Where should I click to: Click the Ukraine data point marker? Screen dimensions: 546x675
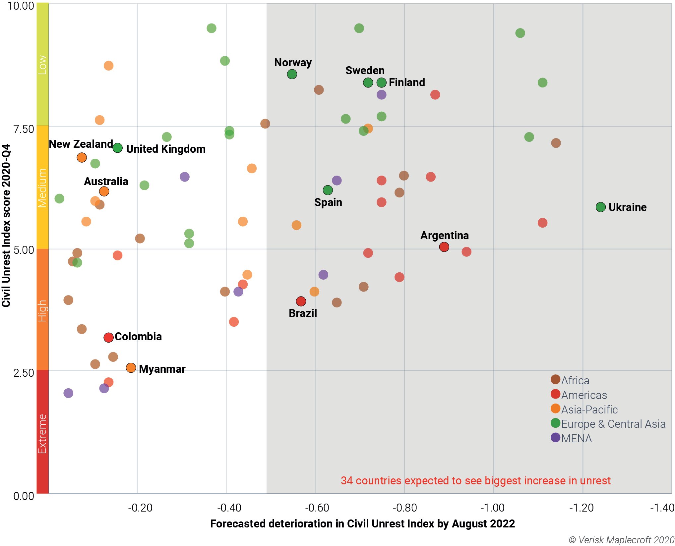[600, 207]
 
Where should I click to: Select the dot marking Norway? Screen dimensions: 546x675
[292, 74]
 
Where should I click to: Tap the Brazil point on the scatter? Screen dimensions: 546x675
[301, 301]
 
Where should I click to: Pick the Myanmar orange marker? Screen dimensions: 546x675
[131, 368]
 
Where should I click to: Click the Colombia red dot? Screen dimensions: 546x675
[108, 338]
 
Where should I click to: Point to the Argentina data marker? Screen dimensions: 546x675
[444, 247]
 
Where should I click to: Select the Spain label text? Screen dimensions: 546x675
[328, 202]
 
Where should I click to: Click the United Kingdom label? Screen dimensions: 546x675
[166, 149]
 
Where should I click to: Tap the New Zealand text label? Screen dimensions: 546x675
[81, 144]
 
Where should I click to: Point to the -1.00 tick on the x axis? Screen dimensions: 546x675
[493, 508]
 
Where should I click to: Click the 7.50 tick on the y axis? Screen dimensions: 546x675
[24, 129]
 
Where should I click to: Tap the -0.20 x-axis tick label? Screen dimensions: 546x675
[140, 508]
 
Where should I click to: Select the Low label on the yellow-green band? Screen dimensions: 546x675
[42, 65]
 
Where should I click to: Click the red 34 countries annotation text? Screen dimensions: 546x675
[475, 480]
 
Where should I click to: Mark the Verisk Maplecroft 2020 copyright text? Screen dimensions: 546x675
[621, 540]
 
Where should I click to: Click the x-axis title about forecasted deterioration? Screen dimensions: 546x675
[362, 524]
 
